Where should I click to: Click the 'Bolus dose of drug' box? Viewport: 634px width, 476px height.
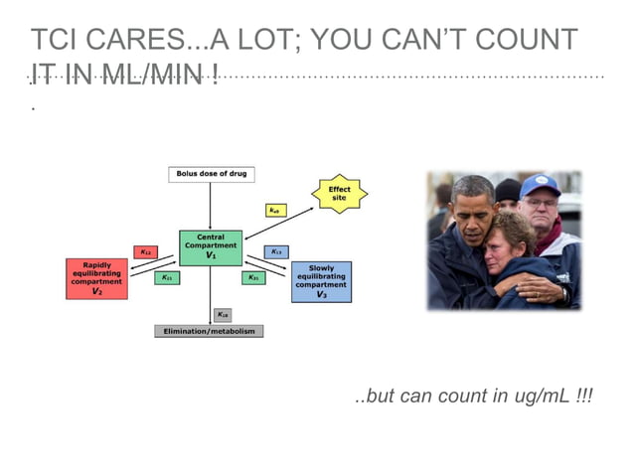coord(211,174)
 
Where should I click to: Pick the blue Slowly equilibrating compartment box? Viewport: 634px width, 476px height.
coord(321,281)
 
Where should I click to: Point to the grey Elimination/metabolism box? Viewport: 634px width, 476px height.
coord(210,331)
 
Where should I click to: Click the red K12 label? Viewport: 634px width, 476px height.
coord(145,252)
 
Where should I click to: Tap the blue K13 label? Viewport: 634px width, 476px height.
coord(276,252)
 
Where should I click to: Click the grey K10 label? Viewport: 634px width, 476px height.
coord(223,314)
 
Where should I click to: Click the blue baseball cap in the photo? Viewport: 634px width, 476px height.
coord(539,186)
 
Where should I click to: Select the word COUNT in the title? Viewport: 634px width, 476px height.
coord(528,41)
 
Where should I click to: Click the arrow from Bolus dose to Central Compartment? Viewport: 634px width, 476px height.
coord(210,206)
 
